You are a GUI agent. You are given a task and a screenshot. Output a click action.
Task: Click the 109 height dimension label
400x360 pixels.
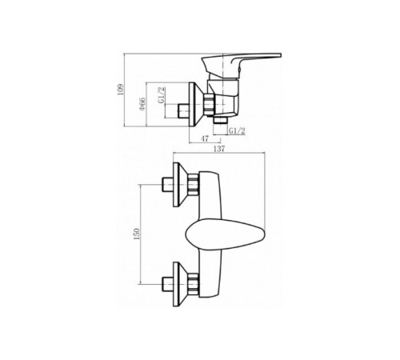121,90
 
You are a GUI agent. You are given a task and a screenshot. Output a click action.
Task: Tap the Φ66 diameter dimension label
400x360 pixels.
142,104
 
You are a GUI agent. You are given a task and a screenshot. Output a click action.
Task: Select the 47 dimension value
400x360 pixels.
205,138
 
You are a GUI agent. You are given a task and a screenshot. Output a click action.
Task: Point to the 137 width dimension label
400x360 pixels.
219,149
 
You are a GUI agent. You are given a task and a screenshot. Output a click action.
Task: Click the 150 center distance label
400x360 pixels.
137,234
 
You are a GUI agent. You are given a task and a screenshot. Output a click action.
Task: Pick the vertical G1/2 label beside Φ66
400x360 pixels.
162,95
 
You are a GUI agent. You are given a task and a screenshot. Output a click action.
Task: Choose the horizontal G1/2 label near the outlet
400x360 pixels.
238,130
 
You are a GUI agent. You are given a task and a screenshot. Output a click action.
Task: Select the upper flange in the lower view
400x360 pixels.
178,185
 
